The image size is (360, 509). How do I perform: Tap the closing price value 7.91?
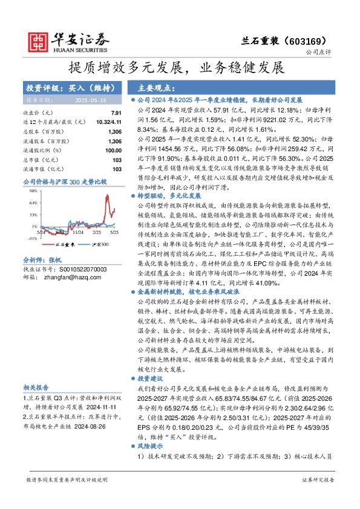pos(117,113)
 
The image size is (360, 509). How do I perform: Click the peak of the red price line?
pos(109,195)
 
